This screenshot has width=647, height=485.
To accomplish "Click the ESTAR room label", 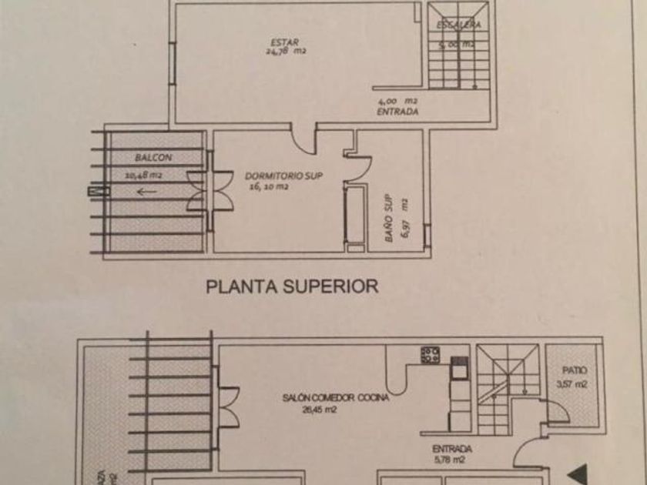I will pyautogui.click(x=284, y=42).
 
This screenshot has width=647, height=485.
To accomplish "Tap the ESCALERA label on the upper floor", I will pyautogui.click(x=459, y=25).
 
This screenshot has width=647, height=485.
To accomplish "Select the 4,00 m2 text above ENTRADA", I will pyautogui.click(x=397, y=101).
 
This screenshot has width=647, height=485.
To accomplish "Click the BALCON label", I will pyautogui.click(x=153, y=158).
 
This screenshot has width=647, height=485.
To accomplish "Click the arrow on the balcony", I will pyautogui.click(x=146, y=192).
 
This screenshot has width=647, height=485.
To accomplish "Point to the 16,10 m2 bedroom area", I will pyautogui.click(x=268, y=186).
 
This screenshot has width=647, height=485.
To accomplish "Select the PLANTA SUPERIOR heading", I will pyautogui.click(x=292, y=286).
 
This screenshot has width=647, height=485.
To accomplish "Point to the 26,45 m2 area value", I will pyautogui.click(x=320, y=410).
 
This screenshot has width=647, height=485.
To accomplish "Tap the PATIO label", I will pyautogui.click(x=574, y=370).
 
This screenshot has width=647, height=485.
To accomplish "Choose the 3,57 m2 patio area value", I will pyautogui.click(x=572, y=384).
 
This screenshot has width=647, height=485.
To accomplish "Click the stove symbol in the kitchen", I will pyautogui.click(x=431, y=355).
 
